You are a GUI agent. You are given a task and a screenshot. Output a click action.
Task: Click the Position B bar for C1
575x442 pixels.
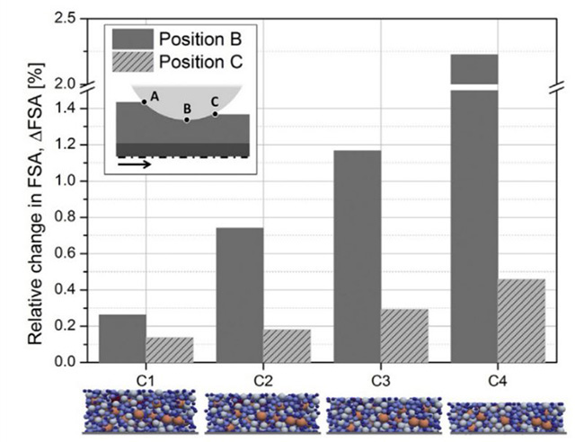122,338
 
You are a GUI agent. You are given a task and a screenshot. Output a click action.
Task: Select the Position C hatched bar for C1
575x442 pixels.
170,349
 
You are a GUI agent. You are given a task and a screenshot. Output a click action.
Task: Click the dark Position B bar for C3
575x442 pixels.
357,256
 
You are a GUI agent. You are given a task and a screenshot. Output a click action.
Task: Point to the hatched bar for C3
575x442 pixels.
404,335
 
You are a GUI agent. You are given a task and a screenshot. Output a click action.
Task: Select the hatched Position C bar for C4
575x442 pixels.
521,320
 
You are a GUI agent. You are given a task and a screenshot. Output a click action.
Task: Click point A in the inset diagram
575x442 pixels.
144,102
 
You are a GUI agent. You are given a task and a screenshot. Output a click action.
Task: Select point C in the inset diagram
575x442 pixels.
215,113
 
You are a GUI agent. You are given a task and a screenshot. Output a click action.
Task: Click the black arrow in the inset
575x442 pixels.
135,164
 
